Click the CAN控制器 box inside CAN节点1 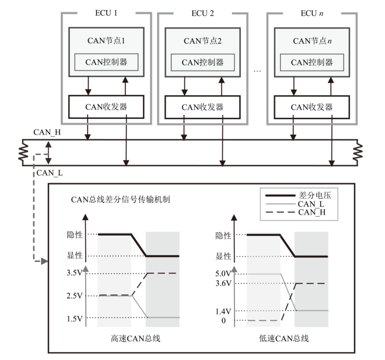tap(106, 62)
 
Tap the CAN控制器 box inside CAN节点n tap(311, 62)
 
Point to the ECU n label tap(311, 12)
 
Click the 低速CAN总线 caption tap(287, 338)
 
